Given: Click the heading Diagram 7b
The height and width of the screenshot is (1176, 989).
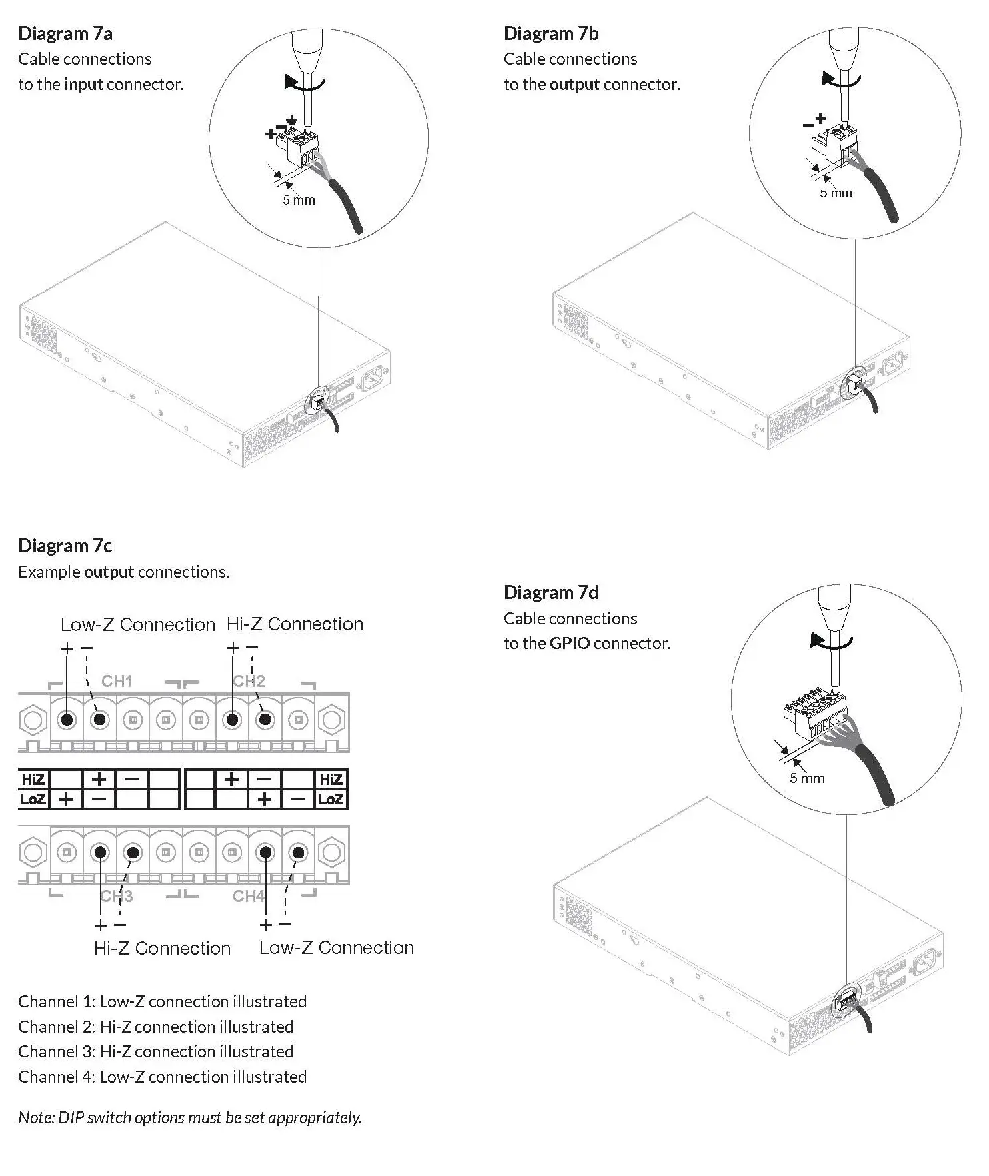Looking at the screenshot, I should [x=550, y=33].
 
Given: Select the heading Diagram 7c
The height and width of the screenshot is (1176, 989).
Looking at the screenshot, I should [x=65, y=546].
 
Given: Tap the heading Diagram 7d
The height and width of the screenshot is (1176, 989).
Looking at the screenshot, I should [x=550, y=592].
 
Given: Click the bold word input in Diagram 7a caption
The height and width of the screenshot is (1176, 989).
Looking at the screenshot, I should [x=83, y=85].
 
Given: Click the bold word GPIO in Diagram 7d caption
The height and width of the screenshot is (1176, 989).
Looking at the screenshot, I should [x=569, y=644].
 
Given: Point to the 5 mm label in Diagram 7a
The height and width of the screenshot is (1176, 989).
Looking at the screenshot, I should [x=299, y=200].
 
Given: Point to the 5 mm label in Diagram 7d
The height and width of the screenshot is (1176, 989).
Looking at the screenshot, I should [x=807, y=778].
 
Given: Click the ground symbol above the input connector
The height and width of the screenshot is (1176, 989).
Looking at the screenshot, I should [x=291, y=121].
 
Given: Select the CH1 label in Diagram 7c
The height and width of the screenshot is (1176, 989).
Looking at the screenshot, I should [x=117, y=681].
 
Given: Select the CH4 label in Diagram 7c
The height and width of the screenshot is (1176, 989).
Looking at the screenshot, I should [x=249, y=897].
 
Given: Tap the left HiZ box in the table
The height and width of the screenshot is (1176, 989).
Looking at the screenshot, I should [x=33, y=780].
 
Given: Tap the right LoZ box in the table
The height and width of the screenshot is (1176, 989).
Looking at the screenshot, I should [x=331, y=799].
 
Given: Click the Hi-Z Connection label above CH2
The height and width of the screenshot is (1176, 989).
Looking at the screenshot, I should [x=295, y=624].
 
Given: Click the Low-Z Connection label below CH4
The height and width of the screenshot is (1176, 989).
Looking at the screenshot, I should [x=336, y=948].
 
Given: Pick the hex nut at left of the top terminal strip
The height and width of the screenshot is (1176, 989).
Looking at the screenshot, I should [x=32, y=720].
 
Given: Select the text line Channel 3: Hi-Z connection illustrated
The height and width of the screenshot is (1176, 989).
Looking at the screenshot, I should [x=155, y=1051].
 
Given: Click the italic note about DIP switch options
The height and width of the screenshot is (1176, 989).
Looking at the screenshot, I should [x=190, y=1117].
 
